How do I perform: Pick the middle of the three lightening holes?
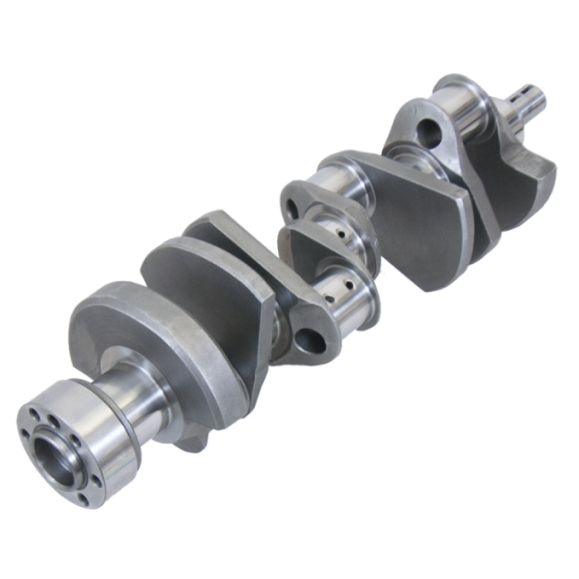coord(292,199)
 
